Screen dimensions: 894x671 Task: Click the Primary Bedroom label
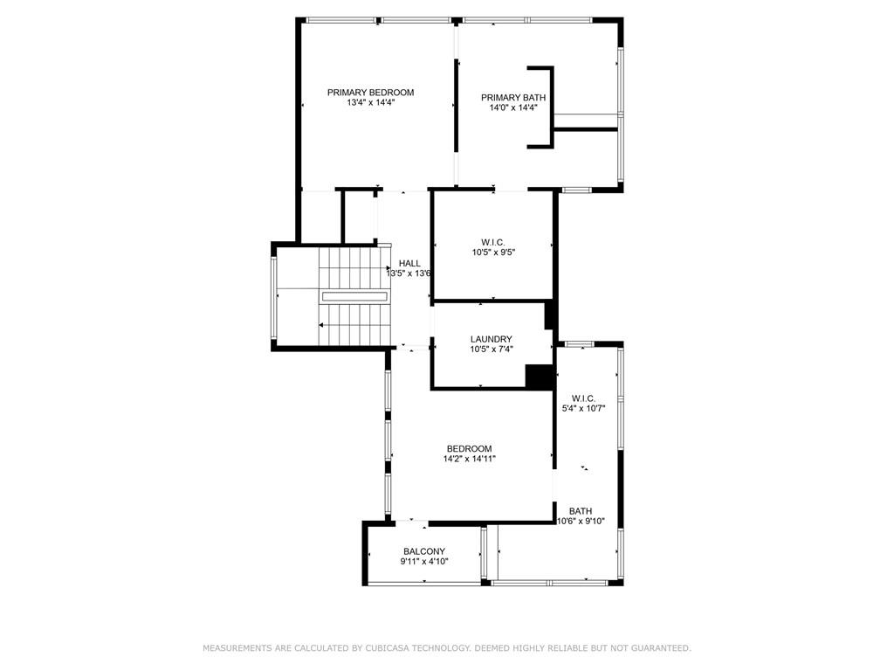[x=370, y=93]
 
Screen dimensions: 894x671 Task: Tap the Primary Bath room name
[x=513, y=98]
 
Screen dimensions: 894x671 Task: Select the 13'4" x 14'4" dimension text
[x=370, y=103]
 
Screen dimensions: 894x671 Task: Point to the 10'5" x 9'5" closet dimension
[x=493, y=252]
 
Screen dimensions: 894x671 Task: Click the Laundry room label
[x=491, y=339]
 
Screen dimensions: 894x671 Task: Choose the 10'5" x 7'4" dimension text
[x=492, y=349]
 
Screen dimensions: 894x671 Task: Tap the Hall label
[x=409, y=263]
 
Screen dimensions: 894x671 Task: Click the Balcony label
[x=424, y=551]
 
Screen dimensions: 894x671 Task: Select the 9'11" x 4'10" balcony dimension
[x=424, y=562]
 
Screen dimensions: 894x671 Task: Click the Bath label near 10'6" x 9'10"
[x=581, y=511]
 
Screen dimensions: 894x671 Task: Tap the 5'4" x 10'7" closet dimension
[x=583, y=409]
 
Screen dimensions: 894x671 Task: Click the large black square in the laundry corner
[x=539, y=377]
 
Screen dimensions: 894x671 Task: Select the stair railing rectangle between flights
[x=354, y=297]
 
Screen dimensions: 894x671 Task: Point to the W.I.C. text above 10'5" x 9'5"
[x=492, y=243]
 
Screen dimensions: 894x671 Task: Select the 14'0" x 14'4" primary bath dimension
[x=513, y=107]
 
